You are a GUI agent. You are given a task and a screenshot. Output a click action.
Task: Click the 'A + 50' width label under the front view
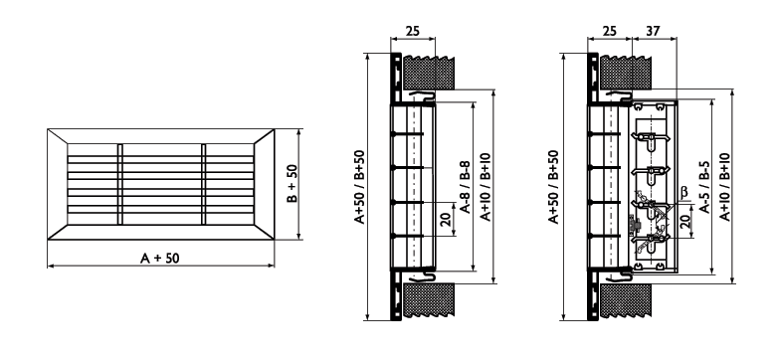(x=160, y=258)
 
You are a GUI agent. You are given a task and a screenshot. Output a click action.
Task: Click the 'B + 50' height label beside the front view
(x=291, y=183)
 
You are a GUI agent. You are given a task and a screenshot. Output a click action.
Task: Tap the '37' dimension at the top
(x=654, y=31)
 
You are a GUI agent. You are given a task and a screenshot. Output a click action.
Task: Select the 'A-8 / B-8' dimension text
(x=466, y=186)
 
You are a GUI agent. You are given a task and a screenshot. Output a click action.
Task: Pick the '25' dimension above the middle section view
(x=412, y=31)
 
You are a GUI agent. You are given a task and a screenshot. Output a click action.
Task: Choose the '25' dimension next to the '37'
(x=609, y=31)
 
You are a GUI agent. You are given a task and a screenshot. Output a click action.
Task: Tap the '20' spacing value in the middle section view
(x=445, y=220)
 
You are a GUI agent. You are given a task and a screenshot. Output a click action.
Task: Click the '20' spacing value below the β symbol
(x=684, y=221)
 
